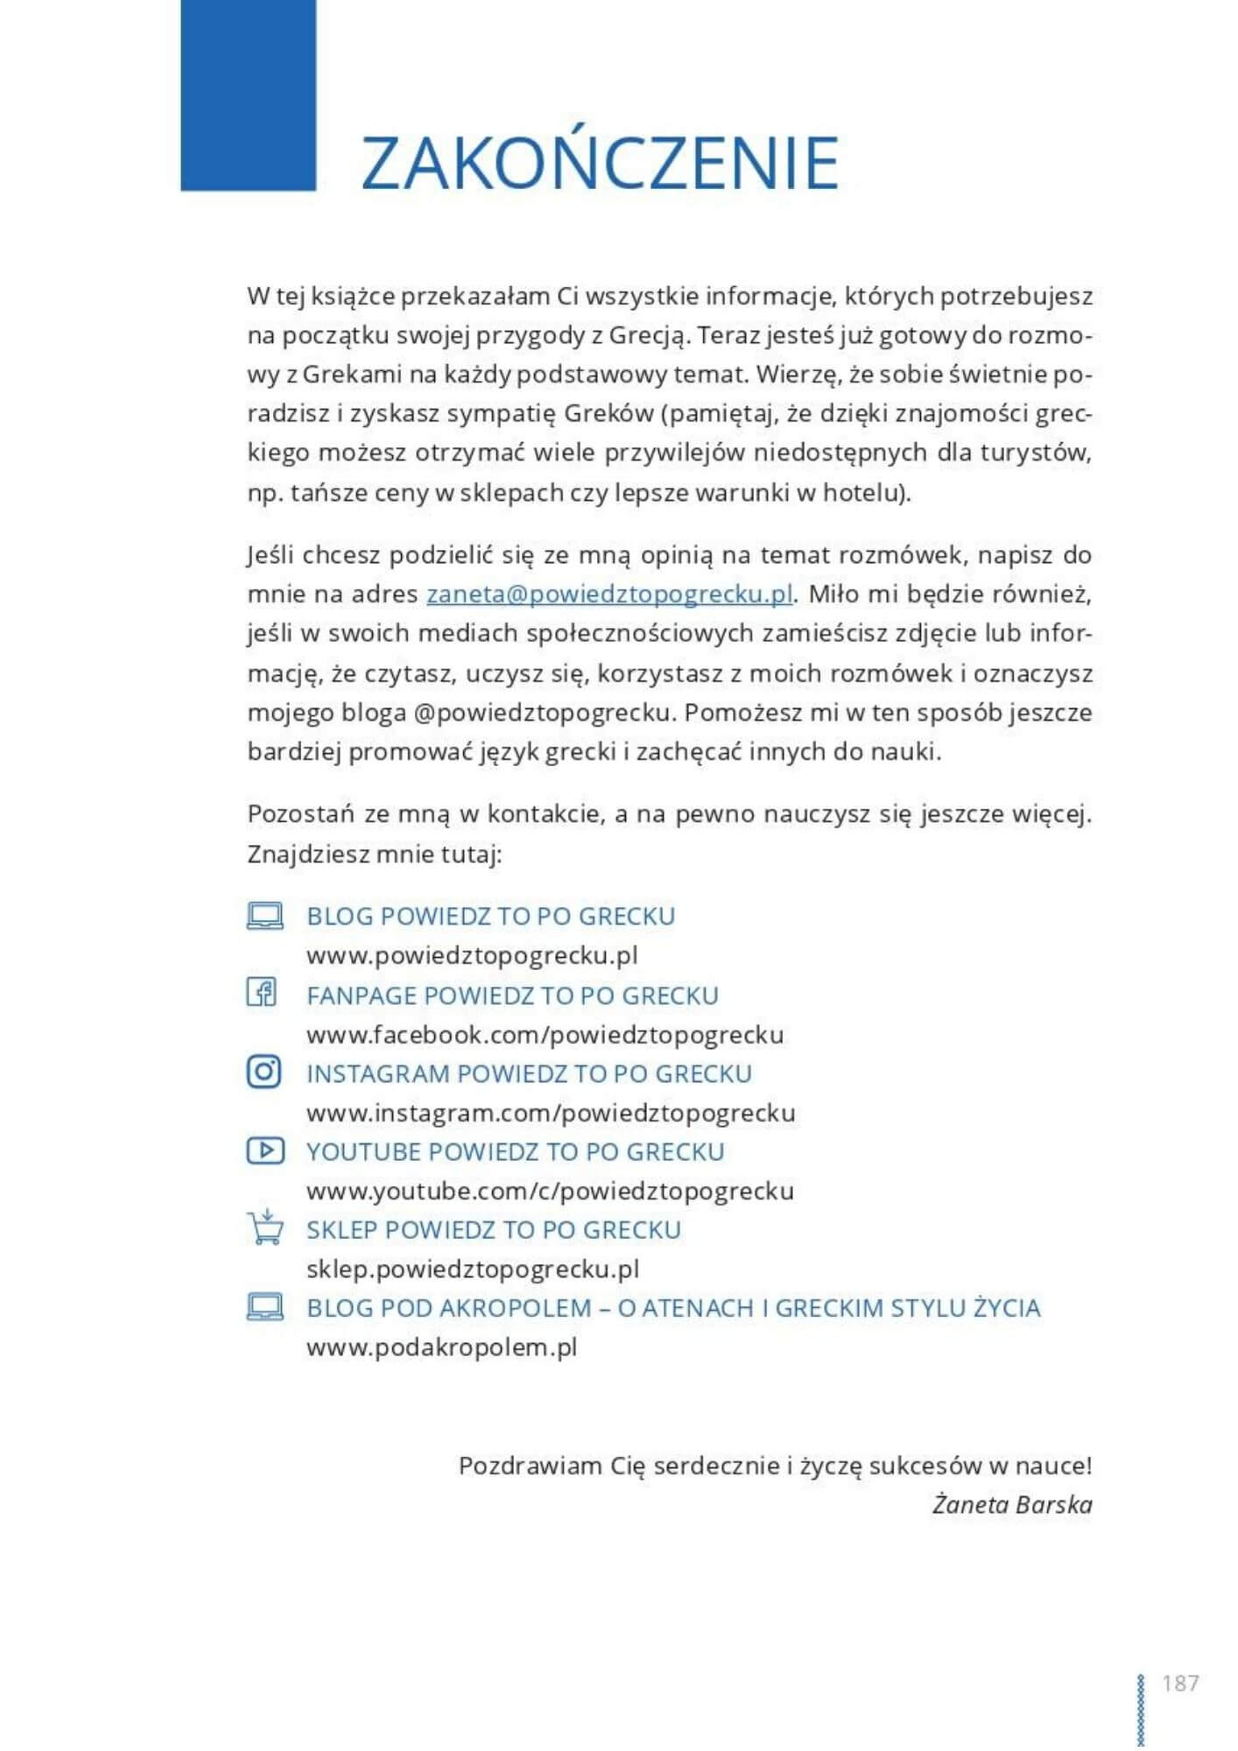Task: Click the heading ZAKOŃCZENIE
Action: click(x=600, y=163)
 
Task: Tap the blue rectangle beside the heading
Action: click(x=248, y=95)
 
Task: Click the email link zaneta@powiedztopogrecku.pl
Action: click(x=609, y=594)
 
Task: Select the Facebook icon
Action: click(x=262, y=993)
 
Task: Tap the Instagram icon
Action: click(x=264, y=1072)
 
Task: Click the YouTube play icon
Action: click(x=265, y=1150)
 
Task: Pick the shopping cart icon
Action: click(x=264, y=1227)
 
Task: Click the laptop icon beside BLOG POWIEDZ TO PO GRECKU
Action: click(x=264, y=916)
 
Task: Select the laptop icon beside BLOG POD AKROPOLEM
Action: click(x=264, y=1307)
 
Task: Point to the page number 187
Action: click(x=1179, y=1683)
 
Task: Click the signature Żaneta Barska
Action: click(x=1011, y=1505)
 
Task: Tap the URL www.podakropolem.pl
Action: click(x=441, y=1347)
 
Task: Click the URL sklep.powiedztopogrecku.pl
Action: click(x=473, y=1269)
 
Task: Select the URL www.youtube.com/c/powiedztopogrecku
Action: click(x=550, y=1191)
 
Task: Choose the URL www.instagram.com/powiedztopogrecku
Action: click(x=551, y=1113)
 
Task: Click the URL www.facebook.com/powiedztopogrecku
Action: click(x=545, y=1035)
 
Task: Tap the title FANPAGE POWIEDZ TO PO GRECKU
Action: click(x=512, y=995)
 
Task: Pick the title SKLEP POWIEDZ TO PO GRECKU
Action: click(x=493, y=1229)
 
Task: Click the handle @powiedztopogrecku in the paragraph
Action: click(x=543, y=713)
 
